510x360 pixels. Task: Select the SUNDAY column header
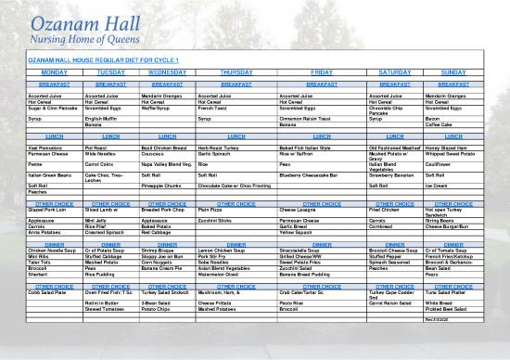tap(453, 71)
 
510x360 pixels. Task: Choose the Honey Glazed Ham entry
tap(447, 122)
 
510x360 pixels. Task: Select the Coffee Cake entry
tap(440, 113)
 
